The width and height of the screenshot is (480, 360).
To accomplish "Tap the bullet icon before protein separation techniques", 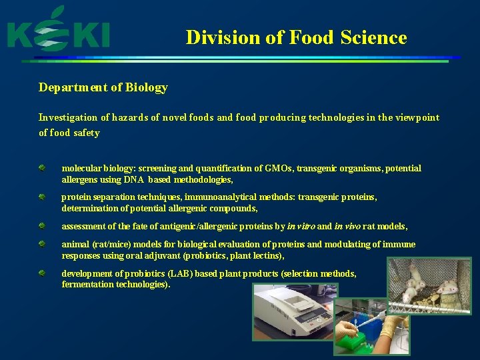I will [x=42, y=197].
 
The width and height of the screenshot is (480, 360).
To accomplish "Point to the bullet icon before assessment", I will [x=42, y=226].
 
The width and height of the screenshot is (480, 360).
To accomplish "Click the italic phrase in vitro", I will [x=301, y=227].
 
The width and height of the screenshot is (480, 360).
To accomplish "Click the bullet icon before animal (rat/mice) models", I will [x=42, y=244].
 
